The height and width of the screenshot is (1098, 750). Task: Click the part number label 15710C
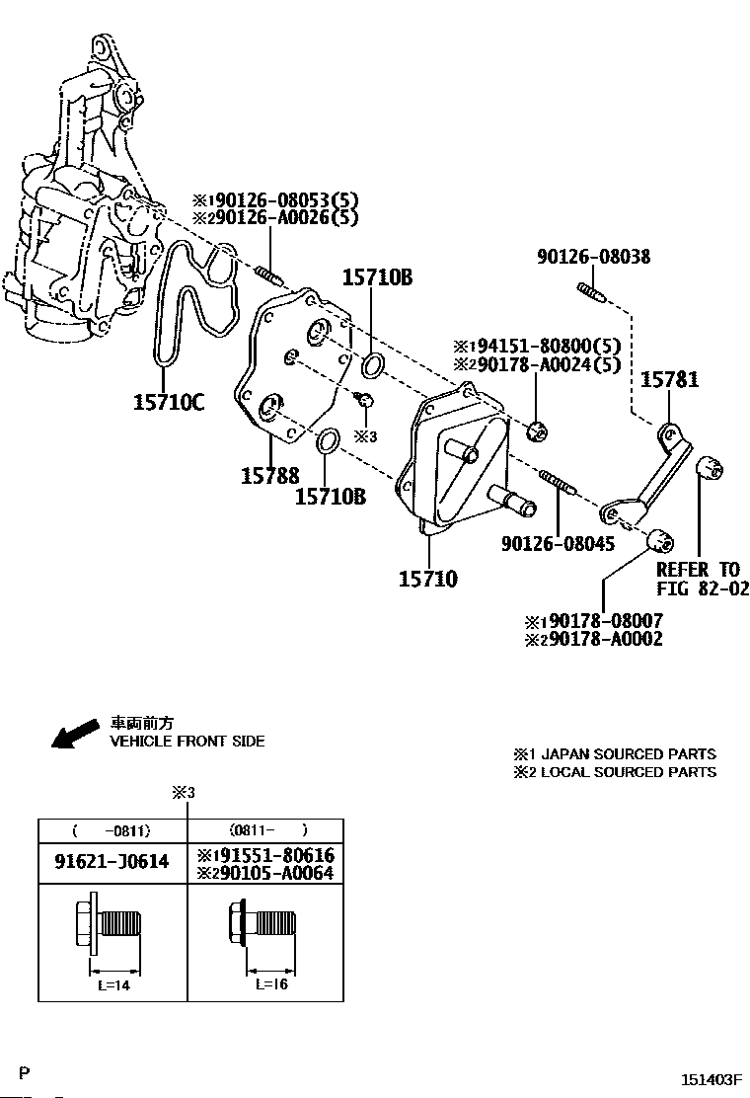(169, 402)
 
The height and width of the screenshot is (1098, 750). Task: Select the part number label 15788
(269, 476)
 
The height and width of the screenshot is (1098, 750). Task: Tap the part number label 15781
(670, 380)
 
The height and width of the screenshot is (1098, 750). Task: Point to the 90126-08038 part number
(594, 257)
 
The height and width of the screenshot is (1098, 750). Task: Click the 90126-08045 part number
(558, 544)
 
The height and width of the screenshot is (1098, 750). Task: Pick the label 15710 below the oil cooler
(427, 579)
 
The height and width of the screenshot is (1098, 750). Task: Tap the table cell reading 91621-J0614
(112, 862)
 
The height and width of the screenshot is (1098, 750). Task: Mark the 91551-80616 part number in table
(274, 855)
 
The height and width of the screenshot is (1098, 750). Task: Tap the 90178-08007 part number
(604, 621)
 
